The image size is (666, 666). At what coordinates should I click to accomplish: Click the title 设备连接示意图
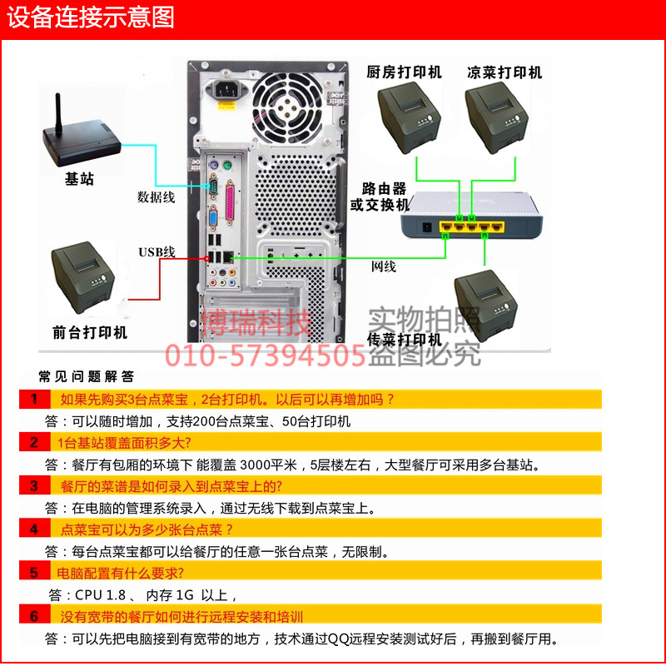(x=92, y=17)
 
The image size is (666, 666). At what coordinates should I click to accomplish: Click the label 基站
(x=79, y=179)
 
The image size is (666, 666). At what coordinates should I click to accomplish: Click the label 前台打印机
(x=90, y=332)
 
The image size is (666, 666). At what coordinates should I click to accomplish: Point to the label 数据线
(x=156, y=197)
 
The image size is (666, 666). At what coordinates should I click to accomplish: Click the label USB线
(x=157, y=251)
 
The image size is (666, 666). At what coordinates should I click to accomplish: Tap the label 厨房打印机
(x=404, y=72)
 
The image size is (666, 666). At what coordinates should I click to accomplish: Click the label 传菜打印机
(x=405, y=340)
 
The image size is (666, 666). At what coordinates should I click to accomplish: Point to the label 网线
(x=383, y=266)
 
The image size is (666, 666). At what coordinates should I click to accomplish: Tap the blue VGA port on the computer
(x=214, y=218)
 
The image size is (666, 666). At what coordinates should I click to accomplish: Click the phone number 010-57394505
(x=266, y=356)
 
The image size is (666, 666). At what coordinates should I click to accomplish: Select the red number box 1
(x=35, y=399)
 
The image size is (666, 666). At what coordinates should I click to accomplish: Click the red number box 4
(x=35, y=529)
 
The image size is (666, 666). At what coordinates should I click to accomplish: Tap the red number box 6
(x=35, y=616)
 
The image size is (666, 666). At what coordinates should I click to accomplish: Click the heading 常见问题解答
(x=87, y=376)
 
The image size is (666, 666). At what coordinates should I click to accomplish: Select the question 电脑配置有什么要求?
(x=120, y=573)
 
